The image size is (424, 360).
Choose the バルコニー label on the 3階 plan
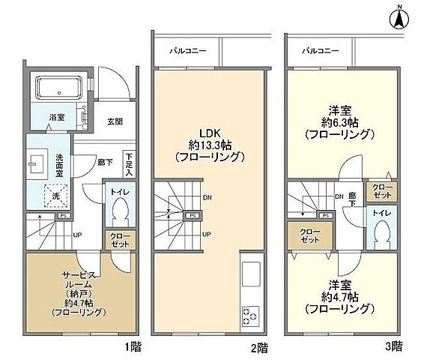coord(318,51)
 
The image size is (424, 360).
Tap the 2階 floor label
coord(260,348)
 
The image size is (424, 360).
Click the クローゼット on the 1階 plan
coord(119,239)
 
